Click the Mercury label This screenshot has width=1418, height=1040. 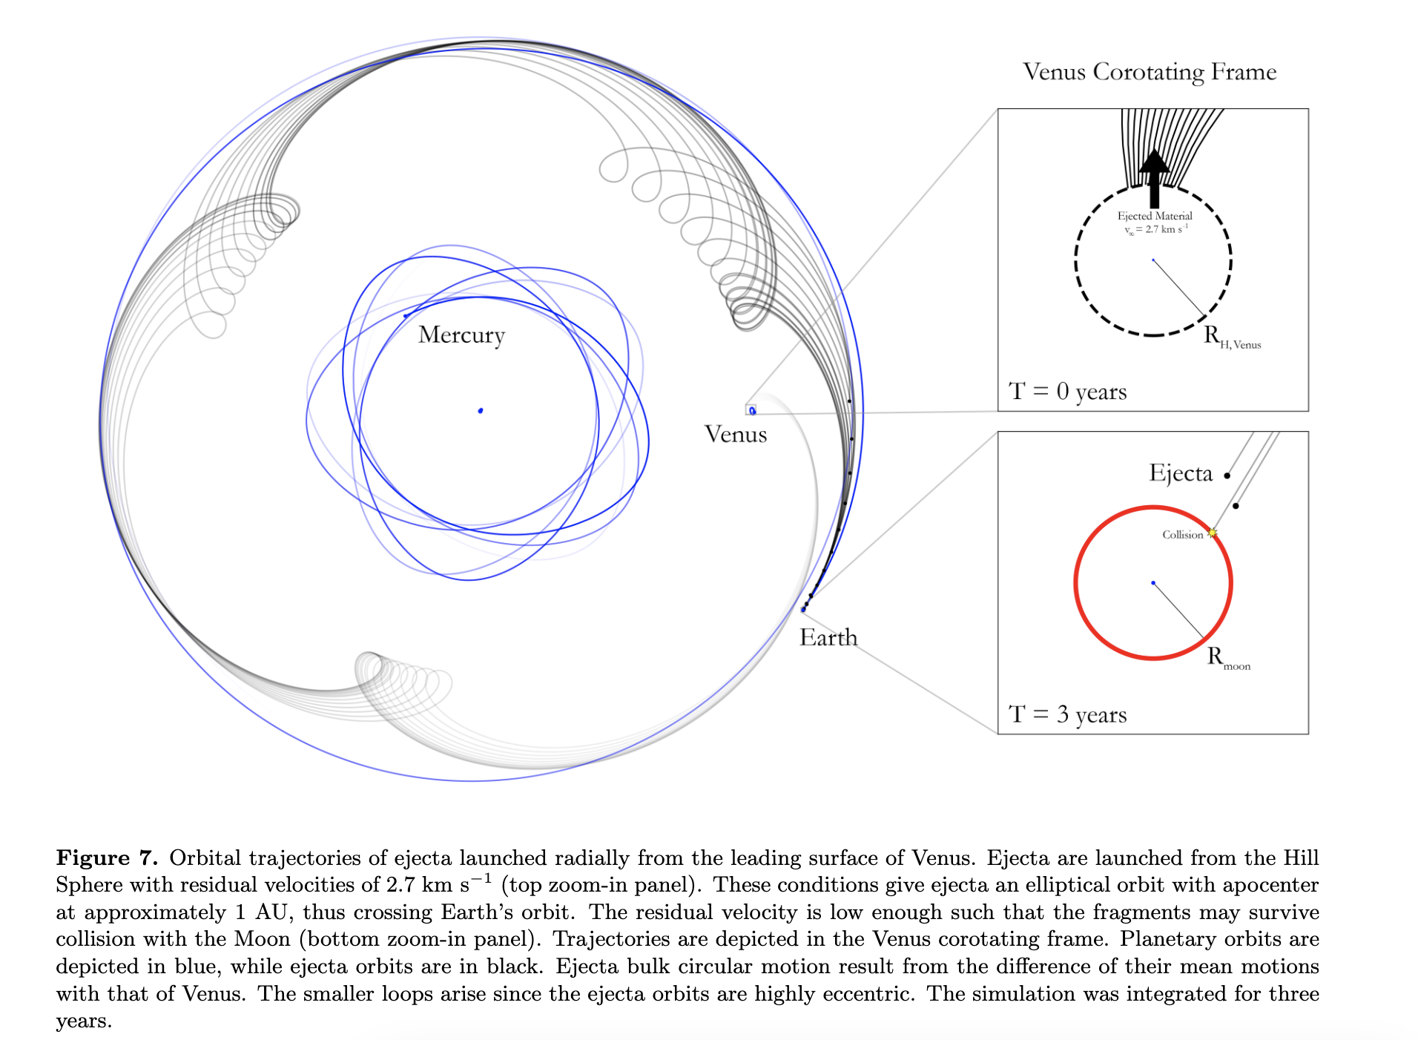(x=461, y=335)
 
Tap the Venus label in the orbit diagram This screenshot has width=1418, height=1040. (x=735, y=434)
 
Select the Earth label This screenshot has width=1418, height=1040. (x=828, y=637)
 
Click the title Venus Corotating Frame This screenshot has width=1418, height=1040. (x=1150, y=72)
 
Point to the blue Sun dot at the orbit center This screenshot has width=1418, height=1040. (x=481, y=410)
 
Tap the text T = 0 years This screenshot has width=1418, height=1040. (x=1067, y=391)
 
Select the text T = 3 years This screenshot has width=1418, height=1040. (x=1067, y=714)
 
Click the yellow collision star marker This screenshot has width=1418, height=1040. (x=1212, y=533)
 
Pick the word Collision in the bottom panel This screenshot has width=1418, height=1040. (x=1182, y=535)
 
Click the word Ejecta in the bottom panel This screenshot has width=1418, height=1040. (x=1181, y=473)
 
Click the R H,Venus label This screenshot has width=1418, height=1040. (x=1232, y=338)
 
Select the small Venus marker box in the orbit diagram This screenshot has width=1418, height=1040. (x=751, y=409)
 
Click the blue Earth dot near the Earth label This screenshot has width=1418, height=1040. (x=803, y=610)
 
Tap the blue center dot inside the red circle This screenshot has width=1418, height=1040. (x=1153, y=583)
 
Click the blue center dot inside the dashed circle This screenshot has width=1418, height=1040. (x=1153, y=260)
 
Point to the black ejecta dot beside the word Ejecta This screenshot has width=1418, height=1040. (x=1227, y=475)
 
